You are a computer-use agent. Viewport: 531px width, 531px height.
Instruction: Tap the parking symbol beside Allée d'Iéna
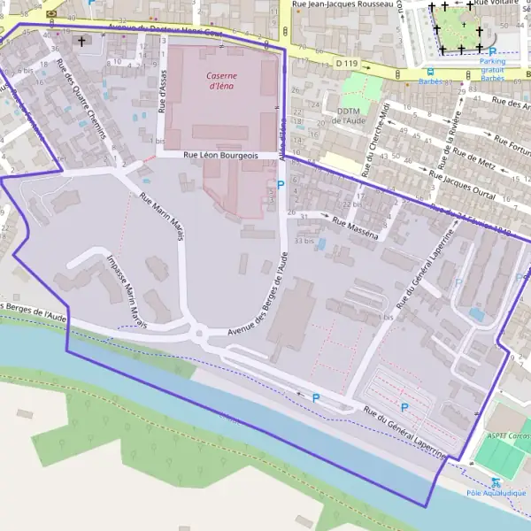pyautogui.click(x=281, y=184)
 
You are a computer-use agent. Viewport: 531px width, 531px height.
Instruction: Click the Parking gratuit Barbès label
pyautogui.click(x=492, y=69)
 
